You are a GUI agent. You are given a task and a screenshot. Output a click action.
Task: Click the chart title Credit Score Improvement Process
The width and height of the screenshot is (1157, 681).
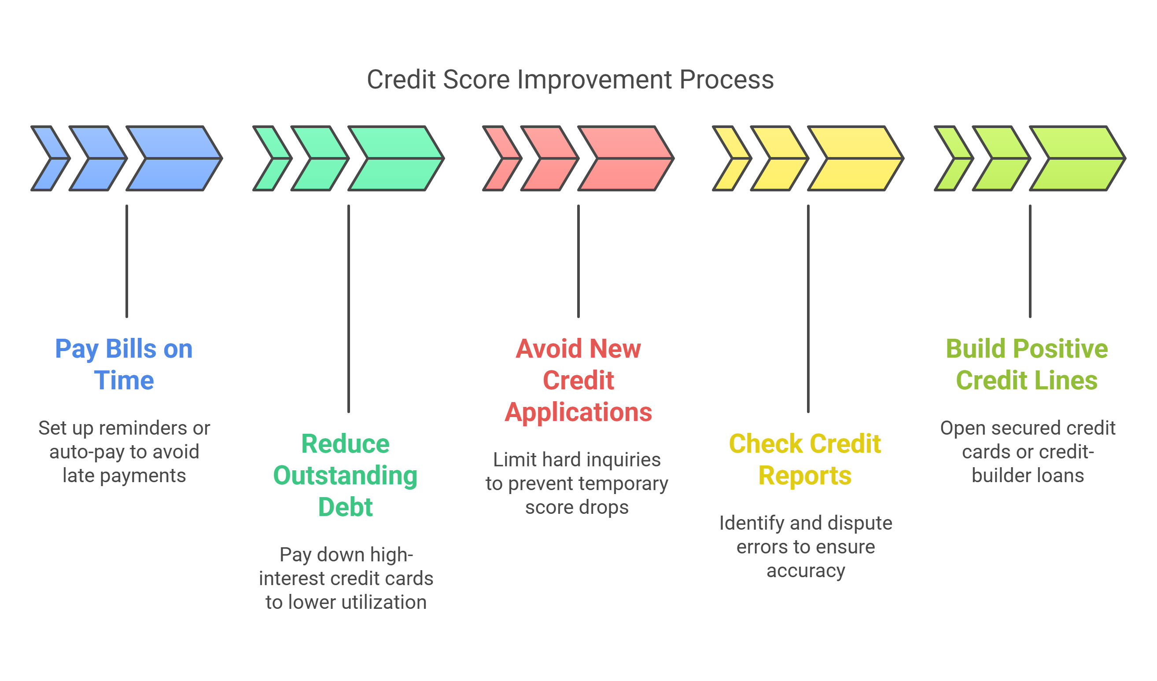pos(570,79)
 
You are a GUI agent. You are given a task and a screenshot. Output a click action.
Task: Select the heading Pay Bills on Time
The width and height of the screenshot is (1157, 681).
pos(124,365)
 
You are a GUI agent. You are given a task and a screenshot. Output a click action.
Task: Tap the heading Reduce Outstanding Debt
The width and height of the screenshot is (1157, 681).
pos(345,476)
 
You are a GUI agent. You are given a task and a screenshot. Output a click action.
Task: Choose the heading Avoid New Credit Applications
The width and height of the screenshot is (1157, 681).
pos(578,381)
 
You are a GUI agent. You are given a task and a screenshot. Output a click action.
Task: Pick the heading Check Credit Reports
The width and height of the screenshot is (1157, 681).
pos(805,460)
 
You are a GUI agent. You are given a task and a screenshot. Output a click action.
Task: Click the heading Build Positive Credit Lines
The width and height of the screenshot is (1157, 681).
pos(1027,365)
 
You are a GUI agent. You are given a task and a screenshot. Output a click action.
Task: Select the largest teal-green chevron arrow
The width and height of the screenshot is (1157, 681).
pos(396,158)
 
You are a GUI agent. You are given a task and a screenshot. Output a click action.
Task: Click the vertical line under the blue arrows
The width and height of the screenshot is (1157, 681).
pos(127,262)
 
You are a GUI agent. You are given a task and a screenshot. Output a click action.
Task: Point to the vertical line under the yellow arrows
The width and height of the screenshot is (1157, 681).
pos(808,308)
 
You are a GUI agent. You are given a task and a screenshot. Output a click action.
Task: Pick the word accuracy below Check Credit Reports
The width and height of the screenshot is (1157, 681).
pos(806,571)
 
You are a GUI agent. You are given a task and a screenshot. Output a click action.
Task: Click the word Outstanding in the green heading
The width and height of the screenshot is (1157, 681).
pos(345,476)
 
